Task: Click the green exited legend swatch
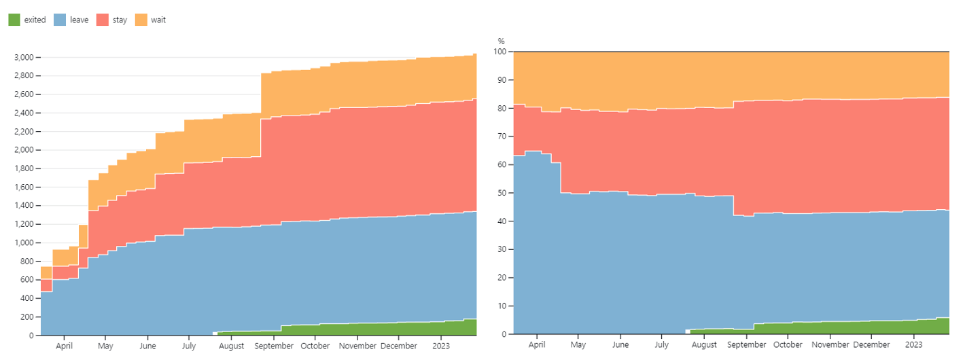point(14,20)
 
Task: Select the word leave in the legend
point(80,20)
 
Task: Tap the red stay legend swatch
point(103,20)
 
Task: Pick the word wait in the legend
point(158,20)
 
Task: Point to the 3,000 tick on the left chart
point(24,57)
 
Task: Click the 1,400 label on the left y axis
point(24,205)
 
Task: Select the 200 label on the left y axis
point(27,317)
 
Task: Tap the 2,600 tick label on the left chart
point(24,94)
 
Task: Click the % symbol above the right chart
point(501,41)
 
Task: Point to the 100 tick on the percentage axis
point(500,52)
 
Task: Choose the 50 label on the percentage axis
point(502,193)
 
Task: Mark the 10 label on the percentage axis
point(502,306)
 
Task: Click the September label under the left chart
point(274,346)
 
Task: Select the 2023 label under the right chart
point(913,345)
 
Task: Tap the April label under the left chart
point(64,346)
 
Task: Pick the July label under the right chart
point(662,345)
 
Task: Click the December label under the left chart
point(399,346)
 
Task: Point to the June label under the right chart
point(620,345)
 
